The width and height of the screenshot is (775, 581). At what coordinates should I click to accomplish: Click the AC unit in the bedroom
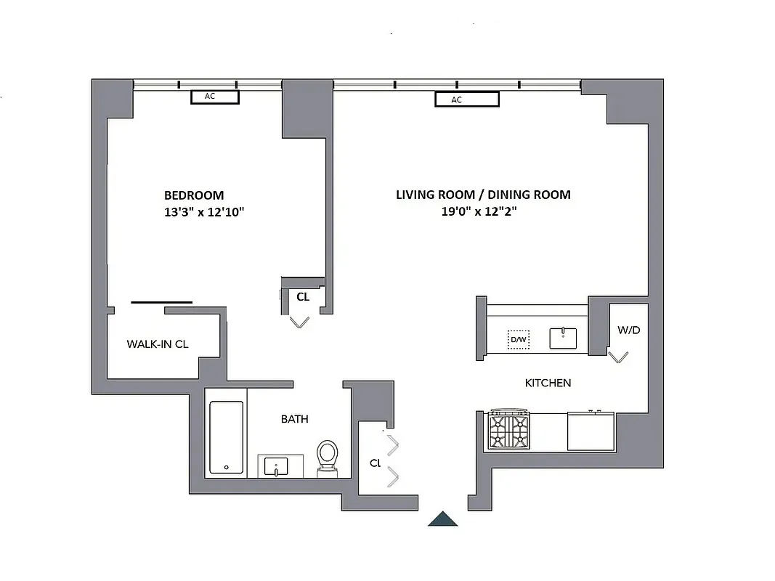pyautogui.click(x=215, y=97)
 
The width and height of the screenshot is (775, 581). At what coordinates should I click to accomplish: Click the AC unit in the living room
pyautogui.click(x=467, y=99)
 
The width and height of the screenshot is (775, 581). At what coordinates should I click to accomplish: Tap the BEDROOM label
pyautogui.click(x=194, y=195)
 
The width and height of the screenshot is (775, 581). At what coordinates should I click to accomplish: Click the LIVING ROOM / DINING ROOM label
pyautogui.click(x=483, y=195)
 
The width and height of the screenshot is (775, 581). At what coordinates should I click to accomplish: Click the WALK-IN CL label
pyautogui.click(x=158, y=344)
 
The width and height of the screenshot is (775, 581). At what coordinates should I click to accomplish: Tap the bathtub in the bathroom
pyautogui.click(x=226, y=437)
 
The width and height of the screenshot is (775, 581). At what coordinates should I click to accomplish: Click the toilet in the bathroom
pyautogui.click(x=328, y=458)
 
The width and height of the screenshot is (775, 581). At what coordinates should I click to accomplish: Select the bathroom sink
pyautogui.click(x=276, y=466)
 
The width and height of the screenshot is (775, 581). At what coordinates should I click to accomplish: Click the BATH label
pyautogui.click(x=294, y=419)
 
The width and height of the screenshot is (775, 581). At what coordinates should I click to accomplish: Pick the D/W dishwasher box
pyautogui.click(x=518, y=339)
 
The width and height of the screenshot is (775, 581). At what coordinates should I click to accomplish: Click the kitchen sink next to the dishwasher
pyautogui.click(x=563, y=338)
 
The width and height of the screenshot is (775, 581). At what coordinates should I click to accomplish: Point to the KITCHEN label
pyautogui.click(x=548, y=383)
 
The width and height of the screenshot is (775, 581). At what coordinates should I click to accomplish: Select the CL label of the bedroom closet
pyautogui.click(x=303, y=296)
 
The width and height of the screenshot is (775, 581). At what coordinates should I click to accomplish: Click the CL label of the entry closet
pyautogui.click(x=375, y=463)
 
